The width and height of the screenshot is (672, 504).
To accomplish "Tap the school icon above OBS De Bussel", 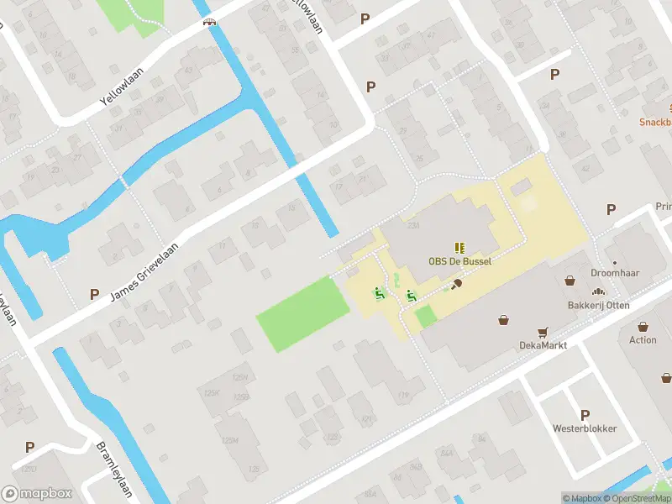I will pos(459,247).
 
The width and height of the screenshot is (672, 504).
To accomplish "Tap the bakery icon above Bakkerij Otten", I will pos(599,291).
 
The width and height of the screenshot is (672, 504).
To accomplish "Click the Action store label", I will pos(643,340).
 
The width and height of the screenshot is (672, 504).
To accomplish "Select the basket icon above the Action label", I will pos(643,326).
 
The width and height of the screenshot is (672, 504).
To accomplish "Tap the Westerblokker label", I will pos(585,428).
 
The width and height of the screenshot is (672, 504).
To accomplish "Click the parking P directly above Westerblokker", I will pos(585,414).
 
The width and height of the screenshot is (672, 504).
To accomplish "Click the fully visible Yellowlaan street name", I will pos(123,87).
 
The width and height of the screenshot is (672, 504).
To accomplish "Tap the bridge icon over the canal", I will pos(209,22).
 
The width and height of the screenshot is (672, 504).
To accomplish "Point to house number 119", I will pos(403,395).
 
